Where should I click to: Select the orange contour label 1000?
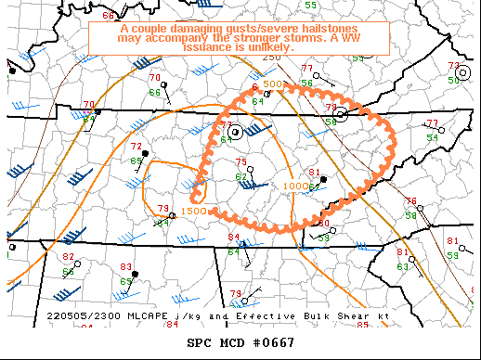pyautogui.click(x=295, y=186)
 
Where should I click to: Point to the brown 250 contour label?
pyautogui.click(x=270, y=58)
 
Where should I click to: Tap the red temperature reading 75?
pyautogui.click(x=241, y=163)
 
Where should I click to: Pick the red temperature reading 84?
pyautogui.click(x=233, y=238)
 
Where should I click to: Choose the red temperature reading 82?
pyautogui.click(x=68, y=256)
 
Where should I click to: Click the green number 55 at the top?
pyautogui.click(x=310, y=5)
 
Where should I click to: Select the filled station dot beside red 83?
pyautogui.click(x=136, y=275)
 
